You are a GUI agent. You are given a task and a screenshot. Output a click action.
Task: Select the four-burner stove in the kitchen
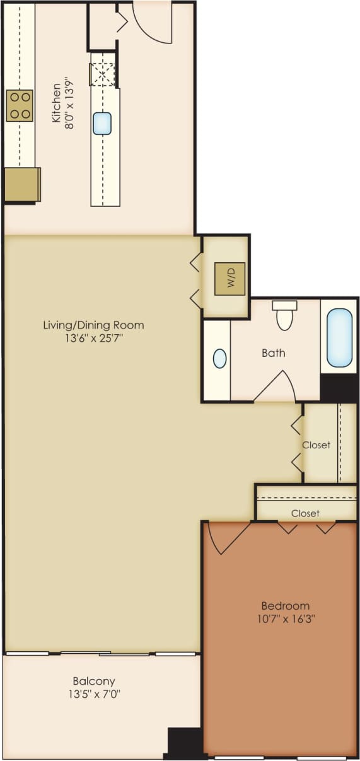click(20, 105)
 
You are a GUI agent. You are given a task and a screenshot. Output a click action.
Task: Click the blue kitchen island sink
click(102, 123)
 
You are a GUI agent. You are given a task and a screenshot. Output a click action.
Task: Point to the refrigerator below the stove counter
click(21, 184)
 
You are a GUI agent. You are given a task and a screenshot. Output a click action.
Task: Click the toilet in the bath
click(284, 315)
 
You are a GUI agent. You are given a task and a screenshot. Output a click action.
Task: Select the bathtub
click(339, 337)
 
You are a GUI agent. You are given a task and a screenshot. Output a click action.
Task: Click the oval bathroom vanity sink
click(219, 359)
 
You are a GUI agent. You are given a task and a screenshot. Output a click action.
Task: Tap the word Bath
click(273, 353)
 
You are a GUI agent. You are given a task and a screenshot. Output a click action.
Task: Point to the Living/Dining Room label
click(93, 325)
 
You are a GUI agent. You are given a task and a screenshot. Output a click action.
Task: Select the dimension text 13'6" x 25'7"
click(93, 339)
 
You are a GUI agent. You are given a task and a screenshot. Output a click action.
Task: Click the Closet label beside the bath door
click(316, 445)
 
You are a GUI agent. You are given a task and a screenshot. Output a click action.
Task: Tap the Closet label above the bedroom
click(305, 513)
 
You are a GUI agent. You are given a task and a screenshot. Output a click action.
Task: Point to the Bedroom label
click(287, 606)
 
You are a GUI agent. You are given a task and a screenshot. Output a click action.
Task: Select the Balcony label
click(93, 681)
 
